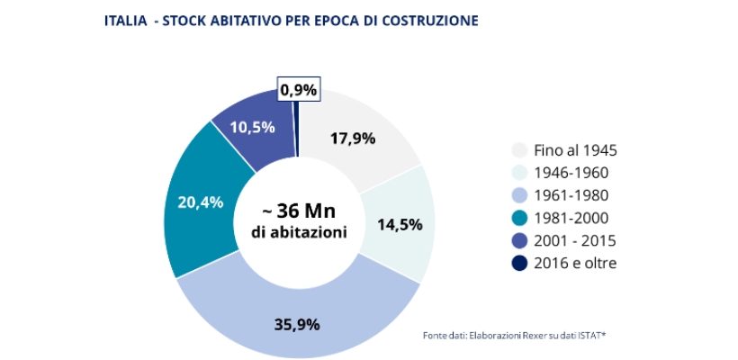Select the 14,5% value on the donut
400,224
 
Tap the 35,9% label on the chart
298,325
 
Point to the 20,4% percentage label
200,202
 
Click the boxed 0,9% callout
298,90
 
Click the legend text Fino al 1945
576,150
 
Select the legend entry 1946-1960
571,173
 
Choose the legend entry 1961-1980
571,195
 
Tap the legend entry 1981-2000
571,218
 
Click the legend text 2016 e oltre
576,263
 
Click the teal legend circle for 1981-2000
519,218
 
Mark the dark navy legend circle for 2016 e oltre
519,263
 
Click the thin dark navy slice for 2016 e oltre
295,103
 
